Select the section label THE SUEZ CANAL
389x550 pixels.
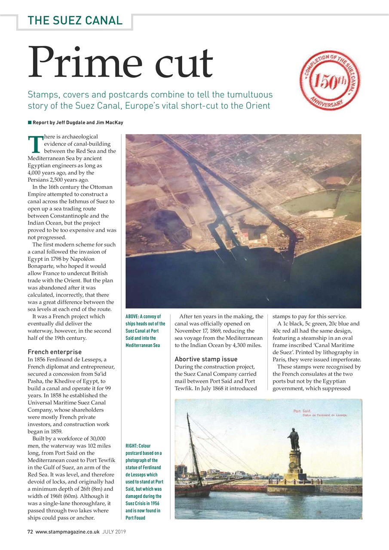[75, 20]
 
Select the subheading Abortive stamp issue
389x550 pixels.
[206, 359]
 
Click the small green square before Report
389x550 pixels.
[30, 122]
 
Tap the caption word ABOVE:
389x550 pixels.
[133, 317]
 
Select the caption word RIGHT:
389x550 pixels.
[133, 446]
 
